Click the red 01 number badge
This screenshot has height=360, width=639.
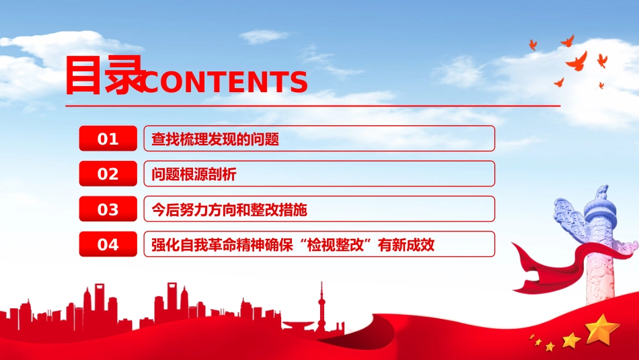(108, 139)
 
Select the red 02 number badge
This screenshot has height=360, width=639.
(108, 174)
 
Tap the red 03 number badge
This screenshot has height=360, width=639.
(108, 209)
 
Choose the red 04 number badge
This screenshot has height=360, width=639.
(108, 244)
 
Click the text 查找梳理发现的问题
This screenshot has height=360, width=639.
(215, 139)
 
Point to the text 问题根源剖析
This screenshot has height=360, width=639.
(194, 174)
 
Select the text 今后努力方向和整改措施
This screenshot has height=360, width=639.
(229, 209)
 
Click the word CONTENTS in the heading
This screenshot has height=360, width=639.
(225, 81)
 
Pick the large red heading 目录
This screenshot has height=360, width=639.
(105, 75)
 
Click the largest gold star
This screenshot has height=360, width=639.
(602, 329)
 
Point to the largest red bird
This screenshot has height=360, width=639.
(578, 61)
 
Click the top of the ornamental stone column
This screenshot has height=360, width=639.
(601, 192)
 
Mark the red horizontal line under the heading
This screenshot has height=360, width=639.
(313, 106)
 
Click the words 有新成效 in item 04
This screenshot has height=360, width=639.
(406, 245)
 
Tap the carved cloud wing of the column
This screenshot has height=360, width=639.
(570, 220)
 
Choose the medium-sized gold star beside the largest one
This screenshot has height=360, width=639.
(571, 340)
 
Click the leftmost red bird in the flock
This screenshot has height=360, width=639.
(533, 44)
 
